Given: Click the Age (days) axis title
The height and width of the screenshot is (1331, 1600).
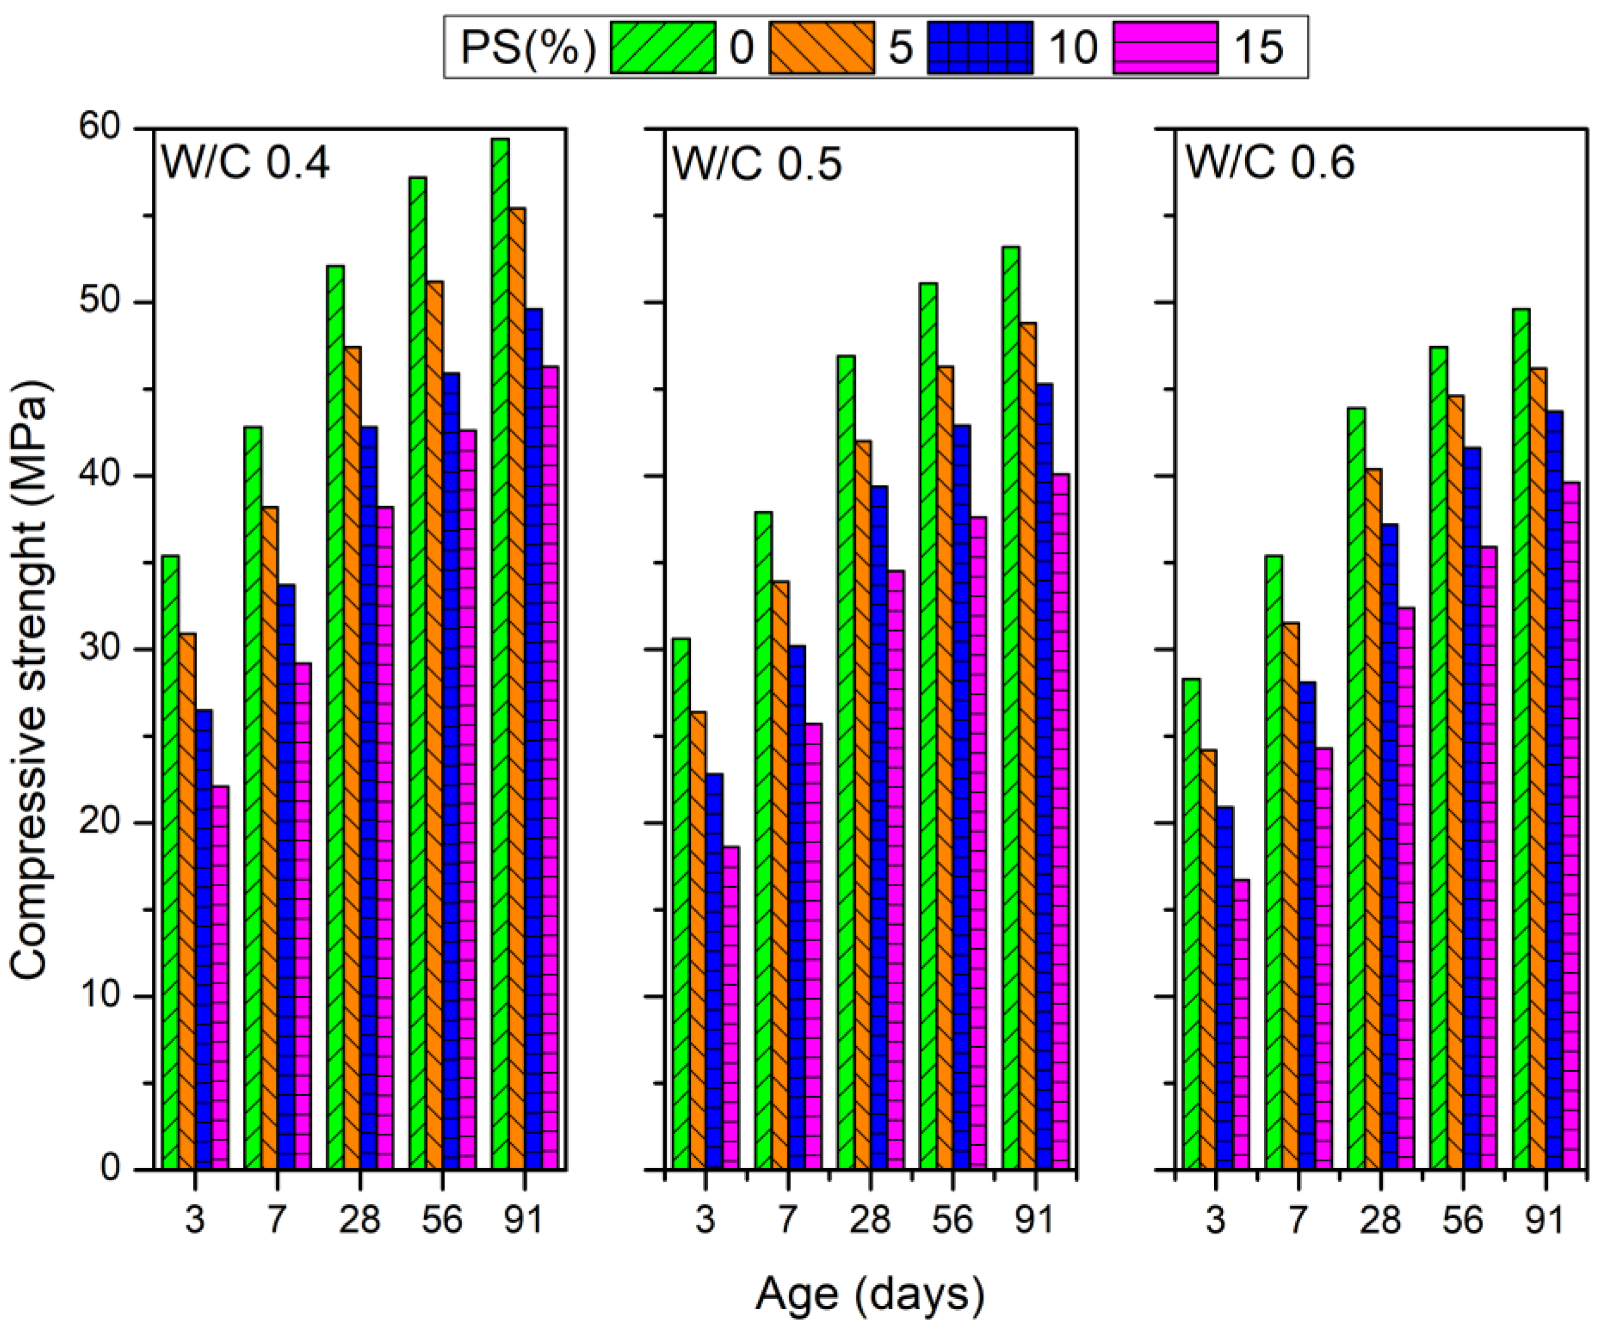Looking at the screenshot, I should coord(869,1293).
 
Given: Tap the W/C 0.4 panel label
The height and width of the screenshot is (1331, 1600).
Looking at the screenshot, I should coord(245,162).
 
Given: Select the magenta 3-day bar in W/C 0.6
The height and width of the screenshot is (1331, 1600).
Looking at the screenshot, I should coord(1241,1021).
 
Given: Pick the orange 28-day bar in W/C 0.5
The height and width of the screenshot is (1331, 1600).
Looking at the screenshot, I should coord(862,800).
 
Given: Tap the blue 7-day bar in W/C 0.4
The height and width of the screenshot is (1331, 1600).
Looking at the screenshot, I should coord(287,876).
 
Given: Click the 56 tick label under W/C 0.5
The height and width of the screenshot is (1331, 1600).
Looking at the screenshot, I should coord(952,1220).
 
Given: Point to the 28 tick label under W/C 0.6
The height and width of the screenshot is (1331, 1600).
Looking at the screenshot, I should coord(1380,1220).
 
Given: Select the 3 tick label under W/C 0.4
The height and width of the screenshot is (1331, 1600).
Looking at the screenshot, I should coord(195,1220).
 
